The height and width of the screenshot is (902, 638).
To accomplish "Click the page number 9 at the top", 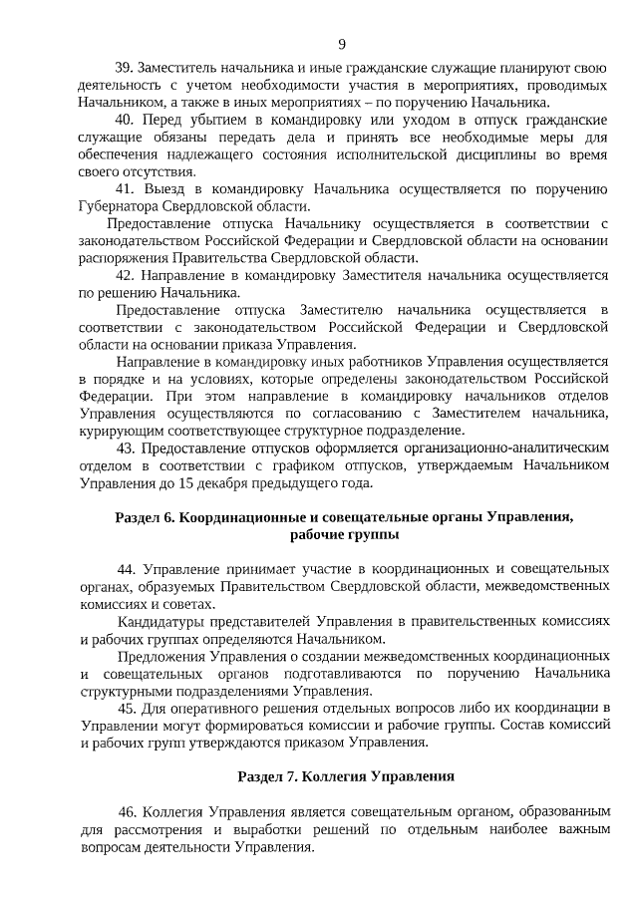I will pos(342,44).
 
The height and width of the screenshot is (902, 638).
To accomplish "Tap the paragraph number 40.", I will pos(126,120).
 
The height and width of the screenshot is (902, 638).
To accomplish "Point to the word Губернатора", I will pos(119,205).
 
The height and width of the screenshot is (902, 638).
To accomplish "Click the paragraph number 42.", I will pos(126,275).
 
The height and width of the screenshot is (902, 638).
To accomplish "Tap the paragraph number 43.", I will pos(126,449).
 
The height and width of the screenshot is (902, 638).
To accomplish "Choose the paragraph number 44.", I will pos(127,569).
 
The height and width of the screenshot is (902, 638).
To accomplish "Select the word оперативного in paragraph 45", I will pos(228,708).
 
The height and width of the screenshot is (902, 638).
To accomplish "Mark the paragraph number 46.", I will pos(127,811).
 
